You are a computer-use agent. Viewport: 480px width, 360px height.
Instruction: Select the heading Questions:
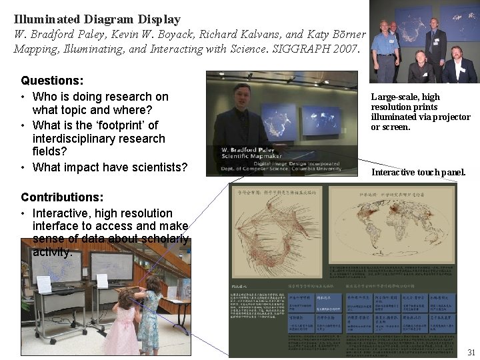click(x=52, y=81)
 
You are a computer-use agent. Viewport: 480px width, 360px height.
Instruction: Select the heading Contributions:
click(x=62, y=197)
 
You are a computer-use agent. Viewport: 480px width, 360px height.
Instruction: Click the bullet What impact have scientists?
click(x=109, y=167)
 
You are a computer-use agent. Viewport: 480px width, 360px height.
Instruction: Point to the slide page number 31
click(x=471, y=352)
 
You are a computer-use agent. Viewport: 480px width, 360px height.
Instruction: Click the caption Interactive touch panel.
click(x=418, y=173)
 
